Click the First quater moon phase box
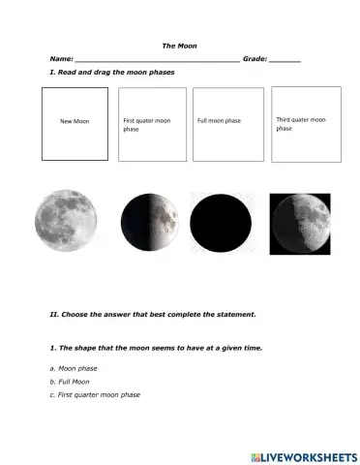152,125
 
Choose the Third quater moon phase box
306,123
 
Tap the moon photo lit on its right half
151,222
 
